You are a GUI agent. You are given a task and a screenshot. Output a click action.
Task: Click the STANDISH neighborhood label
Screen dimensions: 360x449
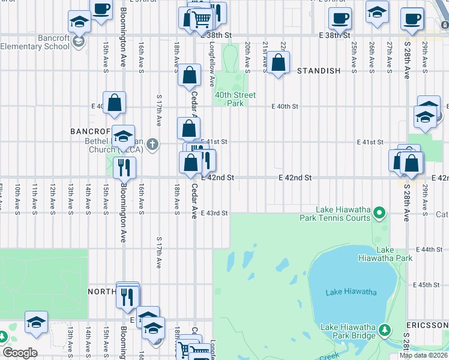click(x=319, y=71)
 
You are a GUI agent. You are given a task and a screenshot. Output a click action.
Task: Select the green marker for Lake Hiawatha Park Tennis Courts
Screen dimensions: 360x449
click(x=379, y=212)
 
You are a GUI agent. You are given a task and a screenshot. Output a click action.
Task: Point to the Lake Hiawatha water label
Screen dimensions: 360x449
click(x=351, y=292)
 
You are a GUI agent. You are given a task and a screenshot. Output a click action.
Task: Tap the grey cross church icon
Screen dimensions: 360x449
click(x=153, y=144)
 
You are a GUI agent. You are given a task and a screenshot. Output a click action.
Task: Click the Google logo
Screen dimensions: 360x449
click(x=20, y=353)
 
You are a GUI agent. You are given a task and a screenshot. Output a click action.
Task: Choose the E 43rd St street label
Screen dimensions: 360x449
click(x=214, y=214)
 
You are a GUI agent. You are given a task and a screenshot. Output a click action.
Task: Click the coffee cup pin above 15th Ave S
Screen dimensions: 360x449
click(x=101, y=10)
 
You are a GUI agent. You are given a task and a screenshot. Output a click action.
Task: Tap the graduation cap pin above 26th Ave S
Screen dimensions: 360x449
click(x=377, y=12)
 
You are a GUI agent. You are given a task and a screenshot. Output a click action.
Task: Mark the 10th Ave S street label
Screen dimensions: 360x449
click(x=18, y=198)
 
